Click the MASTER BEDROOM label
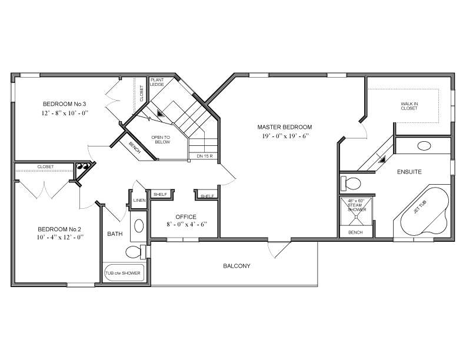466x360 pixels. coord(284,127)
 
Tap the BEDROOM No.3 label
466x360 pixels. coord(65,104)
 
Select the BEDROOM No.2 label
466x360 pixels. coord(59,229)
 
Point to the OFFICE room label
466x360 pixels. coord(186,217)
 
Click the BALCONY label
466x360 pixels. coord(237,266)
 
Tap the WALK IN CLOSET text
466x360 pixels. coord(410,106)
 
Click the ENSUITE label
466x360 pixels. coord(410,172)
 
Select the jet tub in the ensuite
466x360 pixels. coord(424,211)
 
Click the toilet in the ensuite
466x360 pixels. coord(351,184)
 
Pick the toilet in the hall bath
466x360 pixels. coord(136,252)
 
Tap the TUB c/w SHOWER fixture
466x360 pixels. coord(124,273)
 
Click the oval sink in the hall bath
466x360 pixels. coord(139,226)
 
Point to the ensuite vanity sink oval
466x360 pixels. coord(424,146)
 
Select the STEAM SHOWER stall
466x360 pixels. coord(356,211)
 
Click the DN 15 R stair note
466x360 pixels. coord(205,156)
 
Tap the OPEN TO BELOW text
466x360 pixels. coord(161,139)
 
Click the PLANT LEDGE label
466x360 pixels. coord(157,82)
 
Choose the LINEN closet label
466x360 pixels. coord(139,200)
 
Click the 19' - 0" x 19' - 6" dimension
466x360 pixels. coord(285,136)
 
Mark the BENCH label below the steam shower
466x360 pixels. coord(355,232)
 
